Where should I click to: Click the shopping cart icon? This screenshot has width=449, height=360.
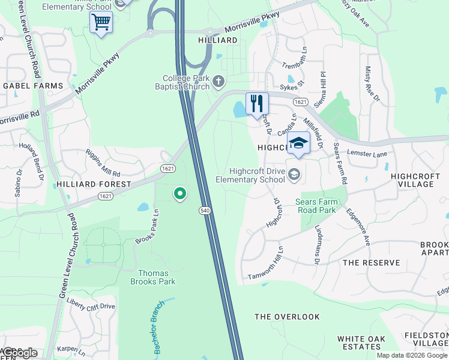[x=101, y=23]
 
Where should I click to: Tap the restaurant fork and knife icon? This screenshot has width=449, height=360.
[x=257, y=104]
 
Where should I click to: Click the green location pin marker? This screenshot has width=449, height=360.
[x=179, y=193]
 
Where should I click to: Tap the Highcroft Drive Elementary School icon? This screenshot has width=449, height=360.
[x=294, y=175]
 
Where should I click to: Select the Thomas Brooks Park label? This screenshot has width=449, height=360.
[x=149, y=277]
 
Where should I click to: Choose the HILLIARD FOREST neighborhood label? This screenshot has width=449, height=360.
[x=93, y=184]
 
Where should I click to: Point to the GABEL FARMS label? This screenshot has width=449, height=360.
[x=33, y=86]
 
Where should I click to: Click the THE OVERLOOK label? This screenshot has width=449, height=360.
[x=287, y=316]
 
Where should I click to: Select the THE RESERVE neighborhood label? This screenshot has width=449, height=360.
[x=371, y=263]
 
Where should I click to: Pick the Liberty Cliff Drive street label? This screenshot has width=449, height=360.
[x=91, y=306]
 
